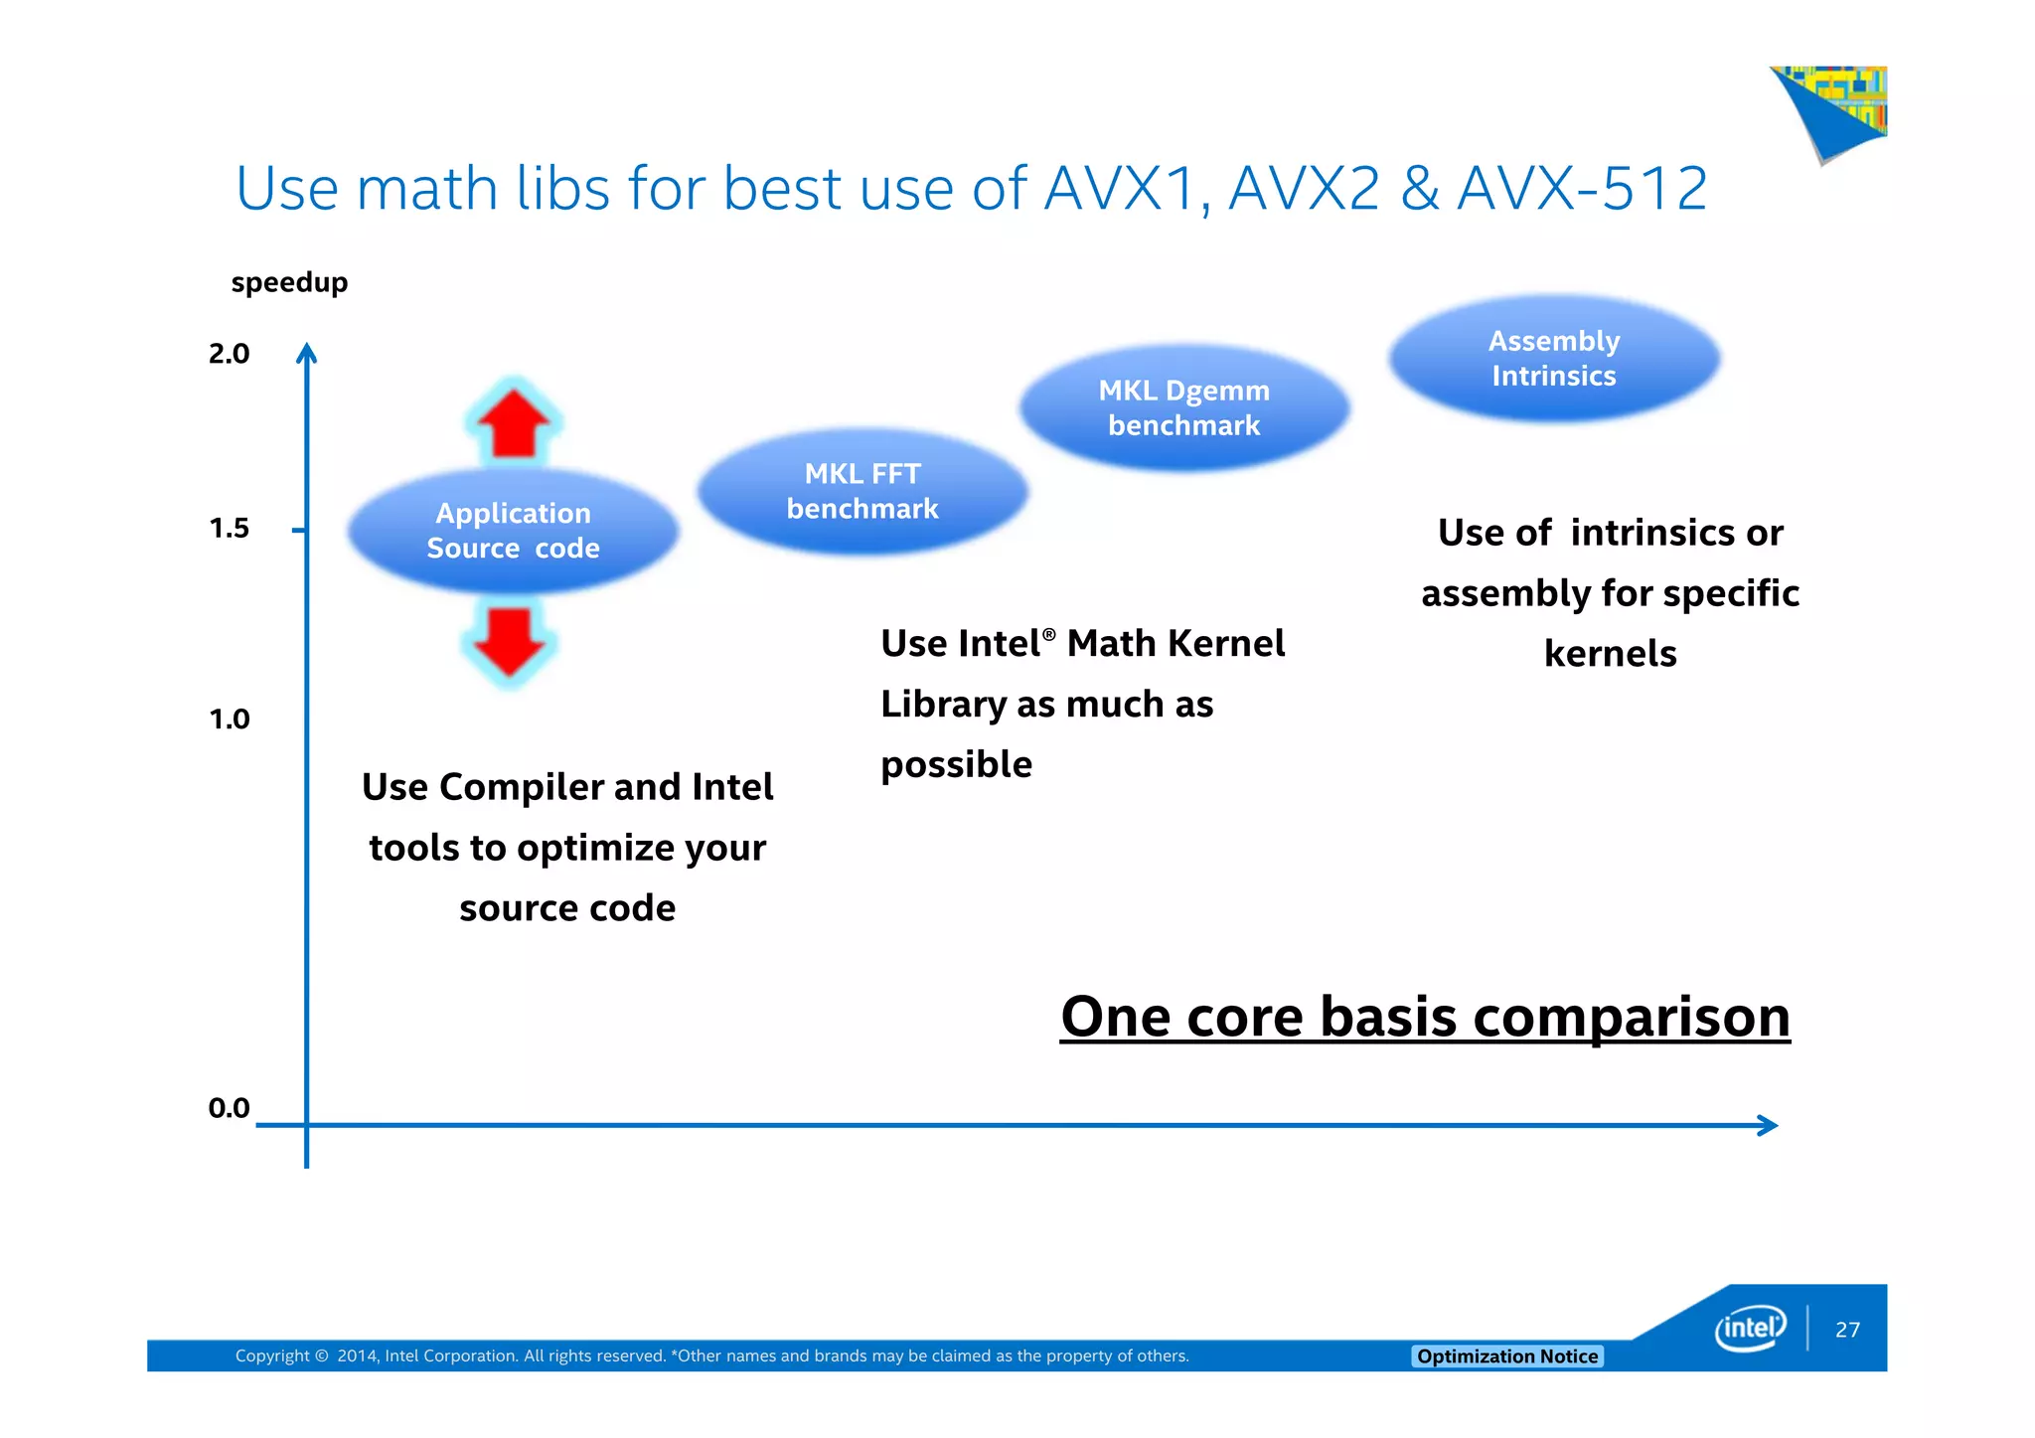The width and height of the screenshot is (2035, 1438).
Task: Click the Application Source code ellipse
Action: (513, 532)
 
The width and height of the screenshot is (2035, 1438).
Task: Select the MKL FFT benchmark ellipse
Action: (862, 491)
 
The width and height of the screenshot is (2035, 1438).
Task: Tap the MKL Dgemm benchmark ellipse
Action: (1183, 407)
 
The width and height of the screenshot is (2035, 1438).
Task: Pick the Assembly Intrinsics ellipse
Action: (1554, 359)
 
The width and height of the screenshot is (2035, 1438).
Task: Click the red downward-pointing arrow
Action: (510, 642)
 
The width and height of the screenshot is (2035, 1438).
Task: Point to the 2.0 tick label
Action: (229, 354)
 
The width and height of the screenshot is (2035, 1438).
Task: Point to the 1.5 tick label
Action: (229, 529)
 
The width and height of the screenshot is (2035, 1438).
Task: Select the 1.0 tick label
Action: (229, 719)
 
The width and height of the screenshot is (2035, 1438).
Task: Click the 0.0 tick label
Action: (229, 1108)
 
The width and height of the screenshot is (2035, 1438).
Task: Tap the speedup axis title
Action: (289, 283)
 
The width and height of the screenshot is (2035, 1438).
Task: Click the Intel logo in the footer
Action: (1750, 1328)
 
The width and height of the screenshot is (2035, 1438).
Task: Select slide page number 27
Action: (1847, 1330)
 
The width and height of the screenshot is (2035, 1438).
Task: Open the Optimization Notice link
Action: (1506, 1357)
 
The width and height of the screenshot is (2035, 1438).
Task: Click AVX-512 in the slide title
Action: (1582, 188)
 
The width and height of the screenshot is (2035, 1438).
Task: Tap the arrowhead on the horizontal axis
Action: (1768, 1125)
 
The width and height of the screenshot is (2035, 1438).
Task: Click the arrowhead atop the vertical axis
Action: (307, 353)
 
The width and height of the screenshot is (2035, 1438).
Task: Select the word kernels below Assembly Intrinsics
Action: (1610, 654)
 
